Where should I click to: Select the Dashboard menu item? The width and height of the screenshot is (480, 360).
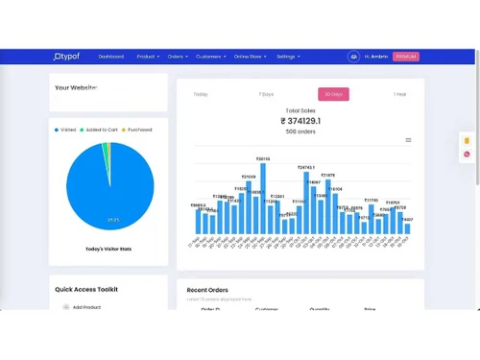point(110,57)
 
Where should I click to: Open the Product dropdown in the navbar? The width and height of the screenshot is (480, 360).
point(148,57)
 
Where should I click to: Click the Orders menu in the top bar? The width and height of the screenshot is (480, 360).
point(178,57)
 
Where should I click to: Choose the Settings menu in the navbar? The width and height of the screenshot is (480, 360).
point(288,57)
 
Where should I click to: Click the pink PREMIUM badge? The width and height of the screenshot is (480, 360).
point(406,57)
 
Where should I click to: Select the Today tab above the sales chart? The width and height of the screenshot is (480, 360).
point(200,94)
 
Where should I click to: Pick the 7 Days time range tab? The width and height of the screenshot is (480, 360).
point(266,94)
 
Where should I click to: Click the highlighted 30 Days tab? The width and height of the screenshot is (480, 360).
point(333,94)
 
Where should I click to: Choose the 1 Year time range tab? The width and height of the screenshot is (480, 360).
point(399,94)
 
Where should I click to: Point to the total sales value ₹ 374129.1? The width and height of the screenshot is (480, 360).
point(300,121)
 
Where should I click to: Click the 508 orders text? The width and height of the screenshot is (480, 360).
point(300,132)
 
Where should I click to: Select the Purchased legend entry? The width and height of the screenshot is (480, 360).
point(137,129)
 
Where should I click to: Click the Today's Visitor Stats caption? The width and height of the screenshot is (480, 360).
point(108,249)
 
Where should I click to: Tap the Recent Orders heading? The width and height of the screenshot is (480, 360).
point(208,289)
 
